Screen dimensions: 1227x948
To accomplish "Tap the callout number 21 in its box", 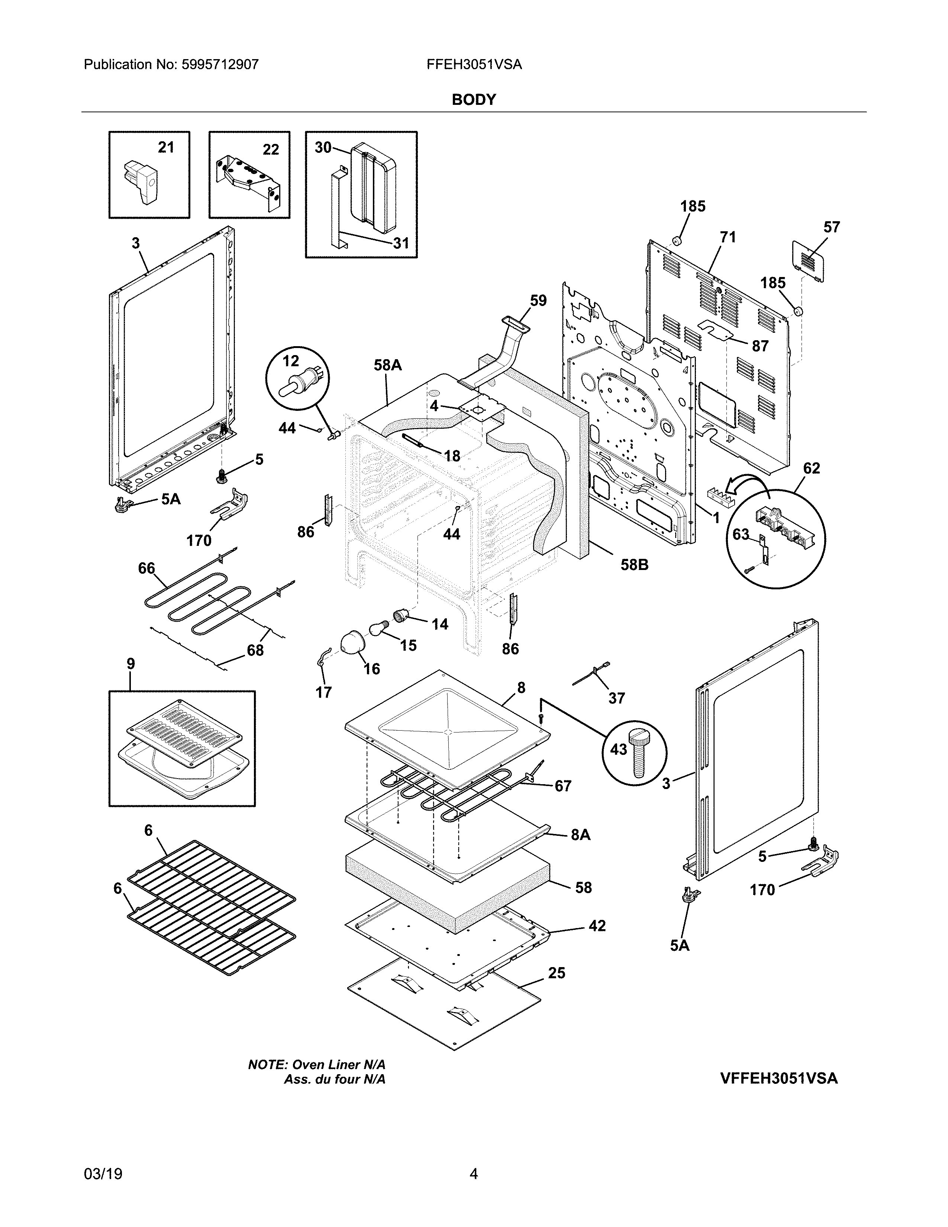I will (x=166, y=147).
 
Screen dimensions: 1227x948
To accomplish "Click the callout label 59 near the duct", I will (x=538, y=300).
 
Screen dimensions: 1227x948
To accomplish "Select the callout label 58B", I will (x=634, y=565).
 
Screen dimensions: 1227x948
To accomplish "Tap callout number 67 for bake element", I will (x=563, y=786).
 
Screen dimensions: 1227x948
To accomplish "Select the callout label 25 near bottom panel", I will (x=556, y=973).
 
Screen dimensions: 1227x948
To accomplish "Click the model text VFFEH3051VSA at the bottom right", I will (x=778, y=1078).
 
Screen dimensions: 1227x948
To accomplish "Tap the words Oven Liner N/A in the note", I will (x=339, y=1065).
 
